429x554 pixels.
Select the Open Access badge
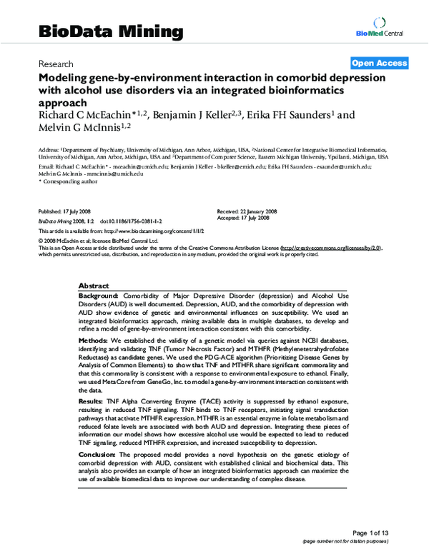pos(380,63)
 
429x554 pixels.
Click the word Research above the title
pos(56,64)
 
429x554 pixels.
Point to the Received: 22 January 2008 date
pos(247,212)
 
